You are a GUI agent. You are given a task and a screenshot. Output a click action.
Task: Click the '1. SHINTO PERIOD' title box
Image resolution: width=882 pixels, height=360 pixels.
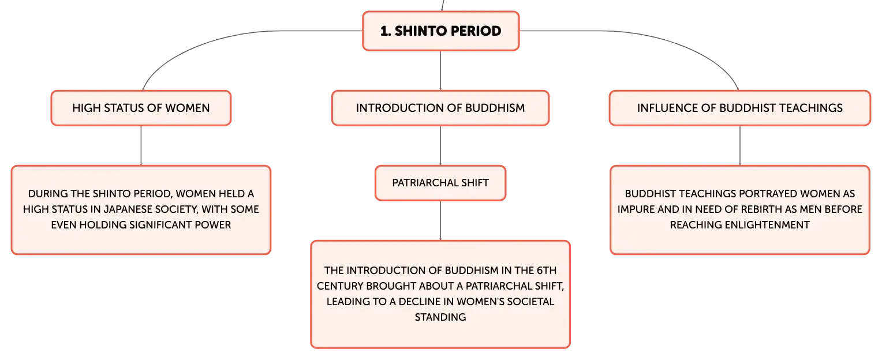pyautogui.click(x=440, y=31)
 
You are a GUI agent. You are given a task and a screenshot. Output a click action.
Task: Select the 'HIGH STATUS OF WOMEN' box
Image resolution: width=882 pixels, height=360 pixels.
pyautogui.click(x=141, y=108)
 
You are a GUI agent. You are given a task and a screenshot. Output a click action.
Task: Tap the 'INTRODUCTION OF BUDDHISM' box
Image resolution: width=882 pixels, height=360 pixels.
pyautogui.click(x=440, y=108)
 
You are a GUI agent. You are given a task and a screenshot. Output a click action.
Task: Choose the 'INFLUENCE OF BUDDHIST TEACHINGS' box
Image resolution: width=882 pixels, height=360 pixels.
pyautogui.click(x=740, y=108)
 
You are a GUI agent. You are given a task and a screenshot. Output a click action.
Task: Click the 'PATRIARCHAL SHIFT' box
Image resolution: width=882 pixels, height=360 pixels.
pyautogui.click(x=440, y=183)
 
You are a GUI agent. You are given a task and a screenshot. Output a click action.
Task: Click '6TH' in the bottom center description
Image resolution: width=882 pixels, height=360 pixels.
pyautogui.click(x=547, y=271)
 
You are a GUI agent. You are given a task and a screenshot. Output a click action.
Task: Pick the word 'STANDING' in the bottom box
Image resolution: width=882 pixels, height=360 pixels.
pyautogui.click(x=440, y=317)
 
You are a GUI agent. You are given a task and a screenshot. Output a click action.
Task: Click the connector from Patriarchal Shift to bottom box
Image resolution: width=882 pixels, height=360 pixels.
pyautogui.click(x=440, y=221)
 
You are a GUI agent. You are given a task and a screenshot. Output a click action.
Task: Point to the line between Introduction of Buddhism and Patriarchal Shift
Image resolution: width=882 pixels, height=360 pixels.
pyautogui.click(x=440, y=145)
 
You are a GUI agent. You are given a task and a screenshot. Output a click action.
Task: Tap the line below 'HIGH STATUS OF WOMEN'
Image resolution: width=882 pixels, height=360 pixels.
pyautogui.click(x=141, y=145)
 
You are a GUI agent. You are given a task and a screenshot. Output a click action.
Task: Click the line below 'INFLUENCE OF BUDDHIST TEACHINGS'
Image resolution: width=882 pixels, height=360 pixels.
pyautogui.click(x=740, y=145)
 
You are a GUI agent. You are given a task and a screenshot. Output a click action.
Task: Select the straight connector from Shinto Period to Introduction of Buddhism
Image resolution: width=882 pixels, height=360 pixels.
pyautogui.click(x=440, y=71)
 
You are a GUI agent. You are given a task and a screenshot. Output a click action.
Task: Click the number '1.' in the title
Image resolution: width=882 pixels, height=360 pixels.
pyautogui.click(x=386, y=31)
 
